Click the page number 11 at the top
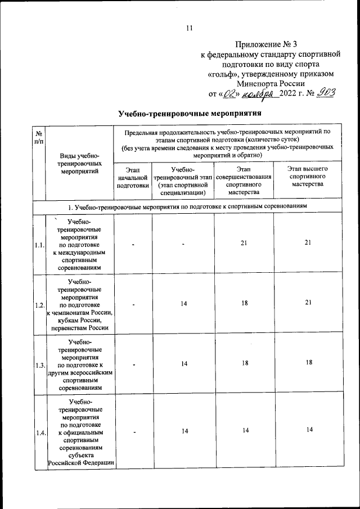(189, 29)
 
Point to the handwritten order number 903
(325, 92)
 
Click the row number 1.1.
(39, 245)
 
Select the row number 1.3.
(39, 364)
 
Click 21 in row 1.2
(308, 303)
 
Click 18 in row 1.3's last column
(308, 363)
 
